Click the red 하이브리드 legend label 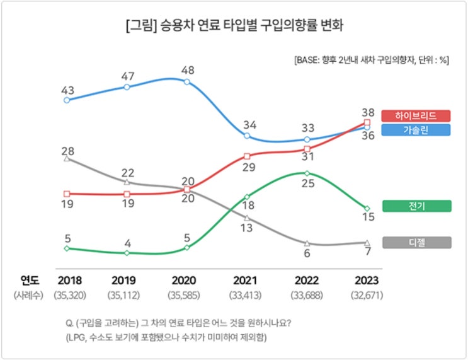point(416,116)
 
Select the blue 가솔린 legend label point(416,130)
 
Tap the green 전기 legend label point(416,206)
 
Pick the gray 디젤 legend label point(416,242)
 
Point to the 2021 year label point(247,279)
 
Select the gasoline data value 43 point(68,90)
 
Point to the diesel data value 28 point(68,151)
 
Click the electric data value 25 point(307,183)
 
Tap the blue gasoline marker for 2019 point(127,86)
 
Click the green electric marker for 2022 point(307,173)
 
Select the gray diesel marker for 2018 point(67,158)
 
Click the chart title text point(234,26)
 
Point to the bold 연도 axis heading point(29,279)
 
